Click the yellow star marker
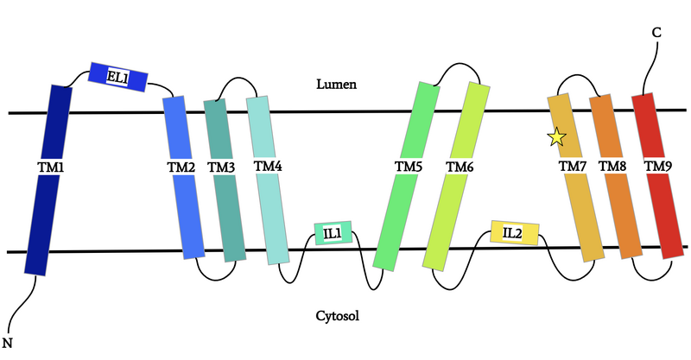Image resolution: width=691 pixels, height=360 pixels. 556,136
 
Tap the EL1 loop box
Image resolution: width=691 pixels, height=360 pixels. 118,76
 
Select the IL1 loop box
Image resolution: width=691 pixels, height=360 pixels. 333,233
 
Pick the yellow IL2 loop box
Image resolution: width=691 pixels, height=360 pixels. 514,232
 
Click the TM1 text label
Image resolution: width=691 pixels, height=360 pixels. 52,164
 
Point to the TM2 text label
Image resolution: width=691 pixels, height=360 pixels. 181,167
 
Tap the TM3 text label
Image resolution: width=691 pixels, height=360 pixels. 222,167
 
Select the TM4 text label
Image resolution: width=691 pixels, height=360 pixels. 268,165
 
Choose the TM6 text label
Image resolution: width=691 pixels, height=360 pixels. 459,166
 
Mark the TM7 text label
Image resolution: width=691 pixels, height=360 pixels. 573,166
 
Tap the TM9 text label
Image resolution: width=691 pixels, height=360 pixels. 658,166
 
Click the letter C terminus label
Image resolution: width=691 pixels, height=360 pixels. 656,32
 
